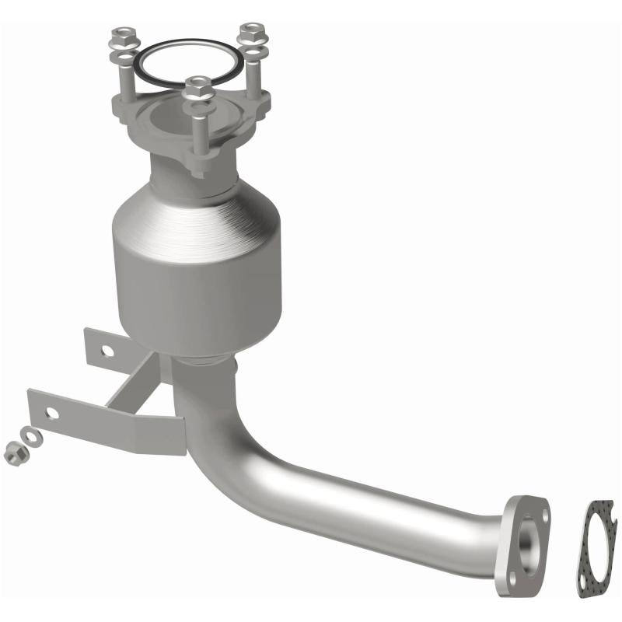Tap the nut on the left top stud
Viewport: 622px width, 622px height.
[x=122, y=36]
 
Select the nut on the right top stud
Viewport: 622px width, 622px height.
[x=250, y=31]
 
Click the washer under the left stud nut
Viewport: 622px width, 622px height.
[x=122, y=55]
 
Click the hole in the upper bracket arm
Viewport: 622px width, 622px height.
[x=107, y=351]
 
